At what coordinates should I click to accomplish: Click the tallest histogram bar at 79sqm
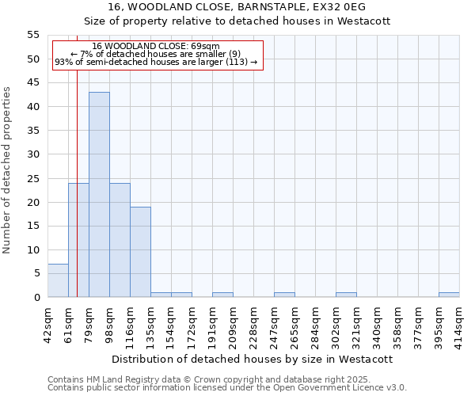pos(99,194)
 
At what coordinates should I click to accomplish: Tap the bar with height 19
pos(140,252)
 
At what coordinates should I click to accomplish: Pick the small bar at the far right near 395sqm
pos(449,295)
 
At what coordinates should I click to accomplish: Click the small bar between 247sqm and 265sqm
pos(284,295)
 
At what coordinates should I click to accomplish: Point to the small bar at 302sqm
pos(346,295)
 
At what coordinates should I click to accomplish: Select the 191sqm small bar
pos(222,295)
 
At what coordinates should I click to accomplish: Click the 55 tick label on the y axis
pos(33,35)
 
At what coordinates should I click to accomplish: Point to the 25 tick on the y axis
pos(33,178)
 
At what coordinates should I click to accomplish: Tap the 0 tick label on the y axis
pos(36,298)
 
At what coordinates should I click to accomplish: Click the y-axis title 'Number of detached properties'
pos(8,170)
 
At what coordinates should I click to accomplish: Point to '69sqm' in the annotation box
pos(207,47)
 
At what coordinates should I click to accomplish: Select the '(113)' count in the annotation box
pos(238,62)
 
